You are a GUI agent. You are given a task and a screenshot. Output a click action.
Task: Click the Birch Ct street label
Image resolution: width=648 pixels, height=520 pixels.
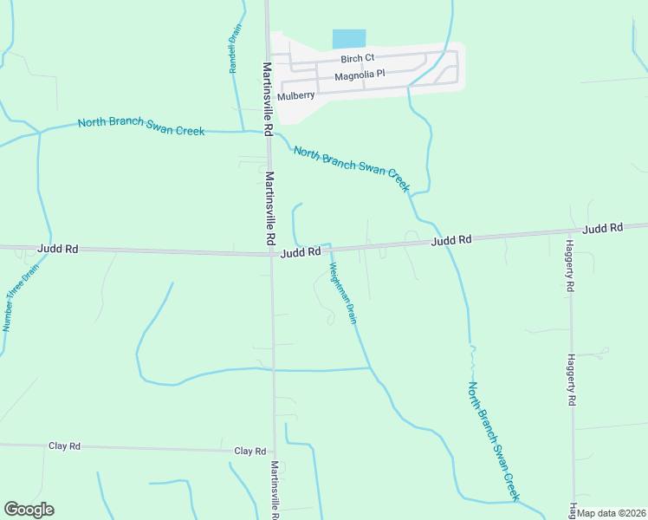tap(357, 59)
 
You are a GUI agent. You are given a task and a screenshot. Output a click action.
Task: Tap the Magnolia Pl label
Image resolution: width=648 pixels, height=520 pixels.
tap(360, 75)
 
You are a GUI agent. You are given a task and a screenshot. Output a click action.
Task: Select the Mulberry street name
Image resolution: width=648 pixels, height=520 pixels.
tap(296, 95)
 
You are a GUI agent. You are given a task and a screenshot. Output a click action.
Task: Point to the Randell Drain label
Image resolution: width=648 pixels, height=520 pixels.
tap(234, 48)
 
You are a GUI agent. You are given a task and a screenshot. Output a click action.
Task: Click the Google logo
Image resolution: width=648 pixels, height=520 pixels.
tap(29, 510)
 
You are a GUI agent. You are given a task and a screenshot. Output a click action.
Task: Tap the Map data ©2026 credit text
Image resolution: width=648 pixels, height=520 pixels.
tap(611, 513)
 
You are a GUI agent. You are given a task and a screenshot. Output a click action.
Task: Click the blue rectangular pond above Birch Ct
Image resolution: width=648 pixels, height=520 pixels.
tap(349, 39)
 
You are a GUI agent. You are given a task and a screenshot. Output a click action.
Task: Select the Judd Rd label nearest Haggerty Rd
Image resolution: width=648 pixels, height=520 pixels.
tap(603, 229)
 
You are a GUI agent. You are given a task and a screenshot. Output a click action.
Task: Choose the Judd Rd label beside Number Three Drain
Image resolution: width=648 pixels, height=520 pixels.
tap(58, 249)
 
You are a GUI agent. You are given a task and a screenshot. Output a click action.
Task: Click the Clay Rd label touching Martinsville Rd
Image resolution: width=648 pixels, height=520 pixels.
tap(249, 452)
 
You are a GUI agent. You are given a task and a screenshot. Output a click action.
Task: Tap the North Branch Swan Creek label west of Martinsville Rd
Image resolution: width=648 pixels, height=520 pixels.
tap(141, 127)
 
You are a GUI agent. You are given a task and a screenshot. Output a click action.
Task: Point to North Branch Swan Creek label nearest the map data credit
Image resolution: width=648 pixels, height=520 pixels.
tap(493, 440)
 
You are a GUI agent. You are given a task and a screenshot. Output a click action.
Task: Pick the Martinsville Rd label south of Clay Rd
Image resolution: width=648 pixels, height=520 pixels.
tap(275, 491)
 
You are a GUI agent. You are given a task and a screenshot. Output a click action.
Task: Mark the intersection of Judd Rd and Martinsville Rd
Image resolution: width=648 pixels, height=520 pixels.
tap(271, 254)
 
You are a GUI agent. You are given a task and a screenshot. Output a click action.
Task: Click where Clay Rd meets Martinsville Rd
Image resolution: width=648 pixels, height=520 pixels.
tap(275, 452)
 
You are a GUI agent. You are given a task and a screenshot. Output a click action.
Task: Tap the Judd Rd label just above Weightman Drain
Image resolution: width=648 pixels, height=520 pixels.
tap(301, 252)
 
